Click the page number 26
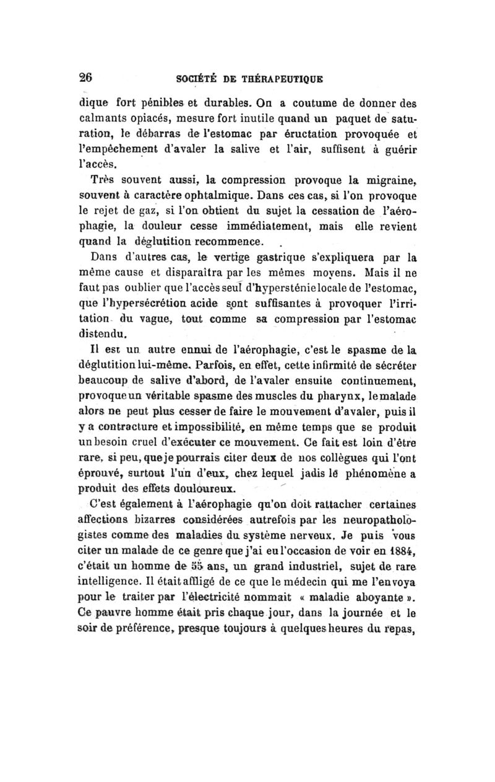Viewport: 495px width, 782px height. [85, 79]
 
